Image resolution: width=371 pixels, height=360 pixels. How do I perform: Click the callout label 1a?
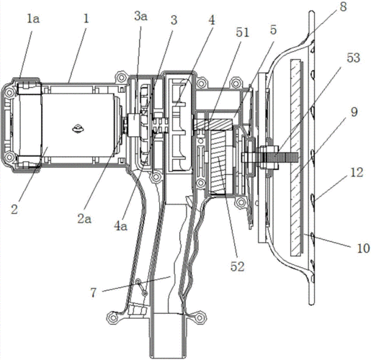click(x=33, y=19)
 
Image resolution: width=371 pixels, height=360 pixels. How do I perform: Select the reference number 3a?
click(x=141, y=17)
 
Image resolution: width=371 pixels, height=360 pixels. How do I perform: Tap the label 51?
click(x=243, y=32)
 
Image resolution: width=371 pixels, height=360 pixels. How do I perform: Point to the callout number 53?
click(x=353, y=58)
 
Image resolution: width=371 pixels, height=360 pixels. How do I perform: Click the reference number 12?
click(x=357, y=172)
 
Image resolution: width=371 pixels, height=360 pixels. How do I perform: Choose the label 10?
click(x=363, y=248)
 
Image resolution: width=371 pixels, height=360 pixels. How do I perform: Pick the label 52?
click(x=237, y=266)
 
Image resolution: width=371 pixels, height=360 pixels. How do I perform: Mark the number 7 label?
click(x=93, y=292)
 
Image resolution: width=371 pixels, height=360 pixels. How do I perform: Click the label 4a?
click(x=120, y=226)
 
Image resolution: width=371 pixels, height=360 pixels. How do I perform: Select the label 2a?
click(x=84, y=219)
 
